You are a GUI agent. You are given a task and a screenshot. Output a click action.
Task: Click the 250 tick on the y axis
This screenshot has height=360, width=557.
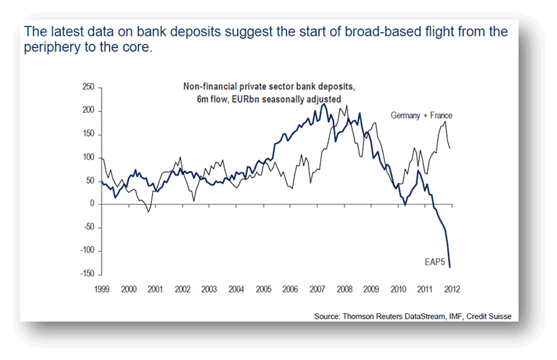pyautogui.click(x=87, y=87)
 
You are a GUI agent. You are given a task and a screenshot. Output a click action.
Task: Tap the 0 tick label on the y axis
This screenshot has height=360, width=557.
pyautogui.click(x=92, y=203)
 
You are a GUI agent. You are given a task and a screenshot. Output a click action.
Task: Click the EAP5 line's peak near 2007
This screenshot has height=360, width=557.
pyautogui.click(x=323, y=104)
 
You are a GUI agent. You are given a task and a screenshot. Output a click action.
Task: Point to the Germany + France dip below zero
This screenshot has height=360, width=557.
pyautogui.click(x=148, y=212)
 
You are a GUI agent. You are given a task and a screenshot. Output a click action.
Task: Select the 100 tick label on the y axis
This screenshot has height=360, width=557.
pyautogui.click(x=87, y=157)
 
